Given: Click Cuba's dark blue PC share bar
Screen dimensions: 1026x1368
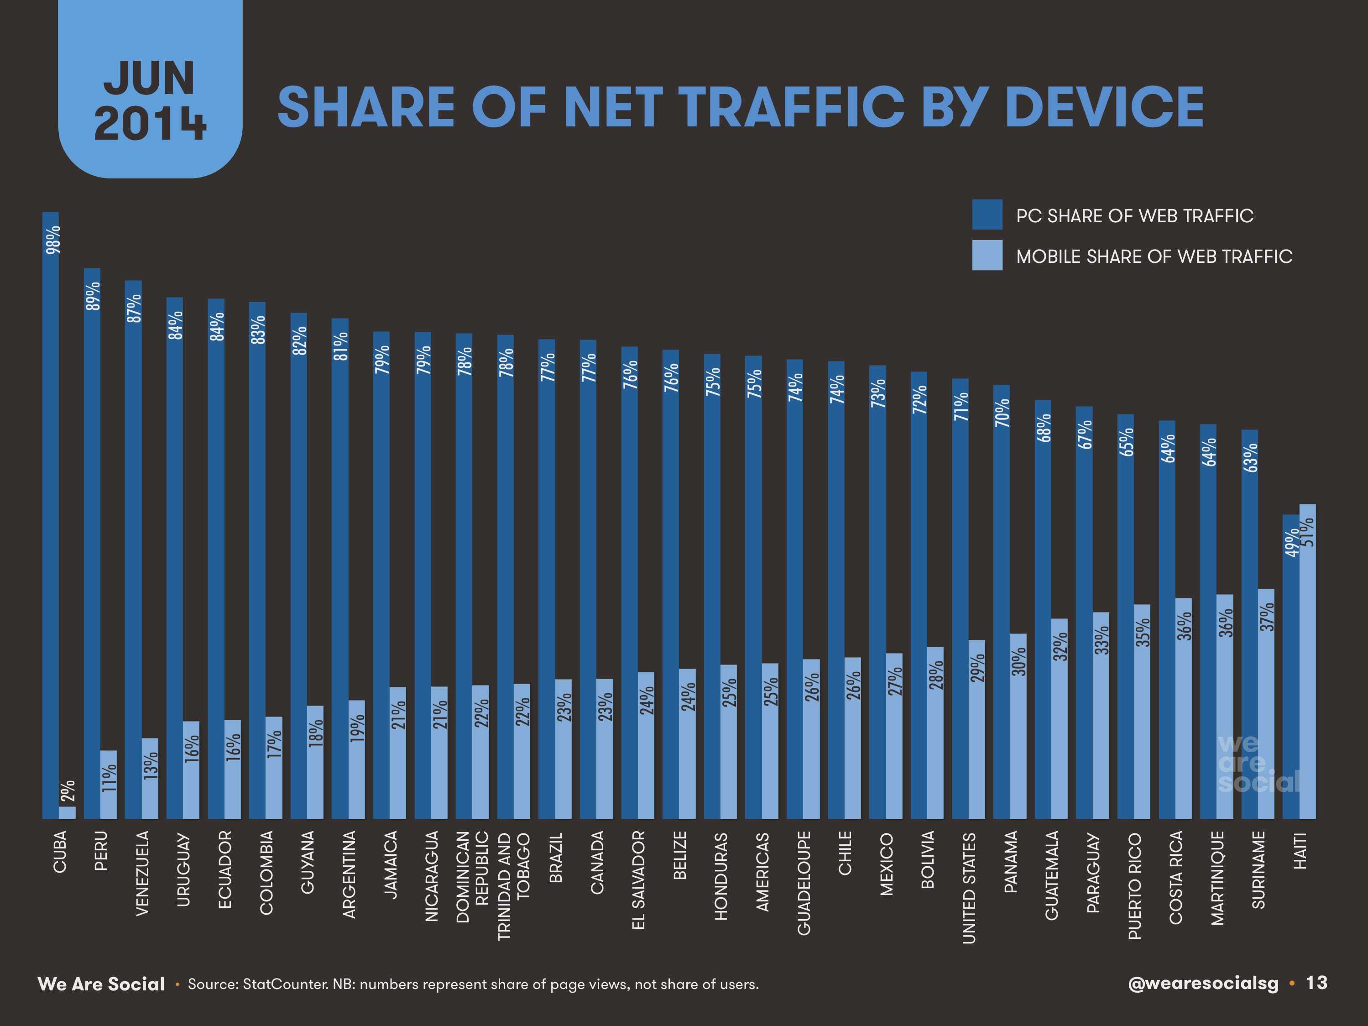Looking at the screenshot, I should [x=51, y=513].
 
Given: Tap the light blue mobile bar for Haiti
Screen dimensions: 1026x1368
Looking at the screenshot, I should [x=1307, y=662].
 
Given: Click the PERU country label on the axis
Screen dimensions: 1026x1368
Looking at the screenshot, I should [x=101, y=851].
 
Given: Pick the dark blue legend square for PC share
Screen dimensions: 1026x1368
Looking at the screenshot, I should [x=987, y=215].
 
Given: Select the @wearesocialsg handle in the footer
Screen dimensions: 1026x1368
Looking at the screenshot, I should [x=1202, y=984].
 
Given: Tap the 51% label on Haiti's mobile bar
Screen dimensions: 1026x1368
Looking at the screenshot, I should [x=1308, y=532].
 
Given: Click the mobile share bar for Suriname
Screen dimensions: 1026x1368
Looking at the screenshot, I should [x=1266, y=705].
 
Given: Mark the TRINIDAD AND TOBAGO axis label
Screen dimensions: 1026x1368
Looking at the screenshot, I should [x=514, y=885].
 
